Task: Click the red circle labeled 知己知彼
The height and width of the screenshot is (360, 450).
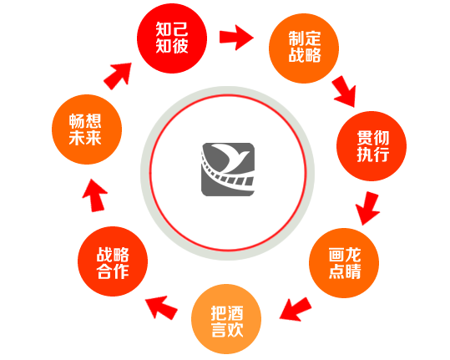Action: pos(172,38)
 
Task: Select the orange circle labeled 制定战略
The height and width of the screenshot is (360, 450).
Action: pos(304,48)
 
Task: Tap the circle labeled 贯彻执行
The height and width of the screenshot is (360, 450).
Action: pos(372,146)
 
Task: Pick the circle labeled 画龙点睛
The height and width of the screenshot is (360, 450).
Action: pos(344,263)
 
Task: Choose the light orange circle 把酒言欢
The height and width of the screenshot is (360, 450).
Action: pos(226,319)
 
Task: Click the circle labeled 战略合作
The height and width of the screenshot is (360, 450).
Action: pos(113,261)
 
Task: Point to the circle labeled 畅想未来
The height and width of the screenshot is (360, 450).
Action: pos(87,129)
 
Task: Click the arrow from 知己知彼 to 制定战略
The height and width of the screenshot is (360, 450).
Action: pos(236,38)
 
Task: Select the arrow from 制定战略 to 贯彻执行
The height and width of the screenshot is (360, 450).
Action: pos(345,92)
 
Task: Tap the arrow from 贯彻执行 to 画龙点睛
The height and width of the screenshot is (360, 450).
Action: pos(368,209)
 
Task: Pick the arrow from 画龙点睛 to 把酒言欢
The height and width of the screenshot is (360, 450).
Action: pos(296,309)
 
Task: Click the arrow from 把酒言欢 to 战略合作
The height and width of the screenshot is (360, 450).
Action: pos(162,307)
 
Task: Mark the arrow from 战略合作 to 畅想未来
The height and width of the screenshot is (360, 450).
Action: pos(95,195)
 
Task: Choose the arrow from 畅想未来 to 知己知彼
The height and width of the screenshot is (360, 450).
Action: pos(118,76)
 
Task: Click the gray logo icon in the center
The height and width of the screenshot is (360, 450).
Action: pos(228,170)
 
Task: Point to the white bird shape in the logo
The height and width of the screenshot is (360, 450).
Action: pos(230,158)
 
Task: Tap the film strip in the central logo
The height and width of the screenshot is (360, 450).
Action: pos(224,175)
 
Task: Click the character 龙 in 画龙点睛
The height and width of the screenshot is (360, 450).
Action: pos(353,255)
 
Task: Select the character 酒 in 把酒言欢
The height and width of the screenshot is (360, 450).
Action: pos(235,313)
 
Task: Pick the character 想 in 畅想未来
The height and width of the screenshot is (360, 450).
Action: pos(94,121)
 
